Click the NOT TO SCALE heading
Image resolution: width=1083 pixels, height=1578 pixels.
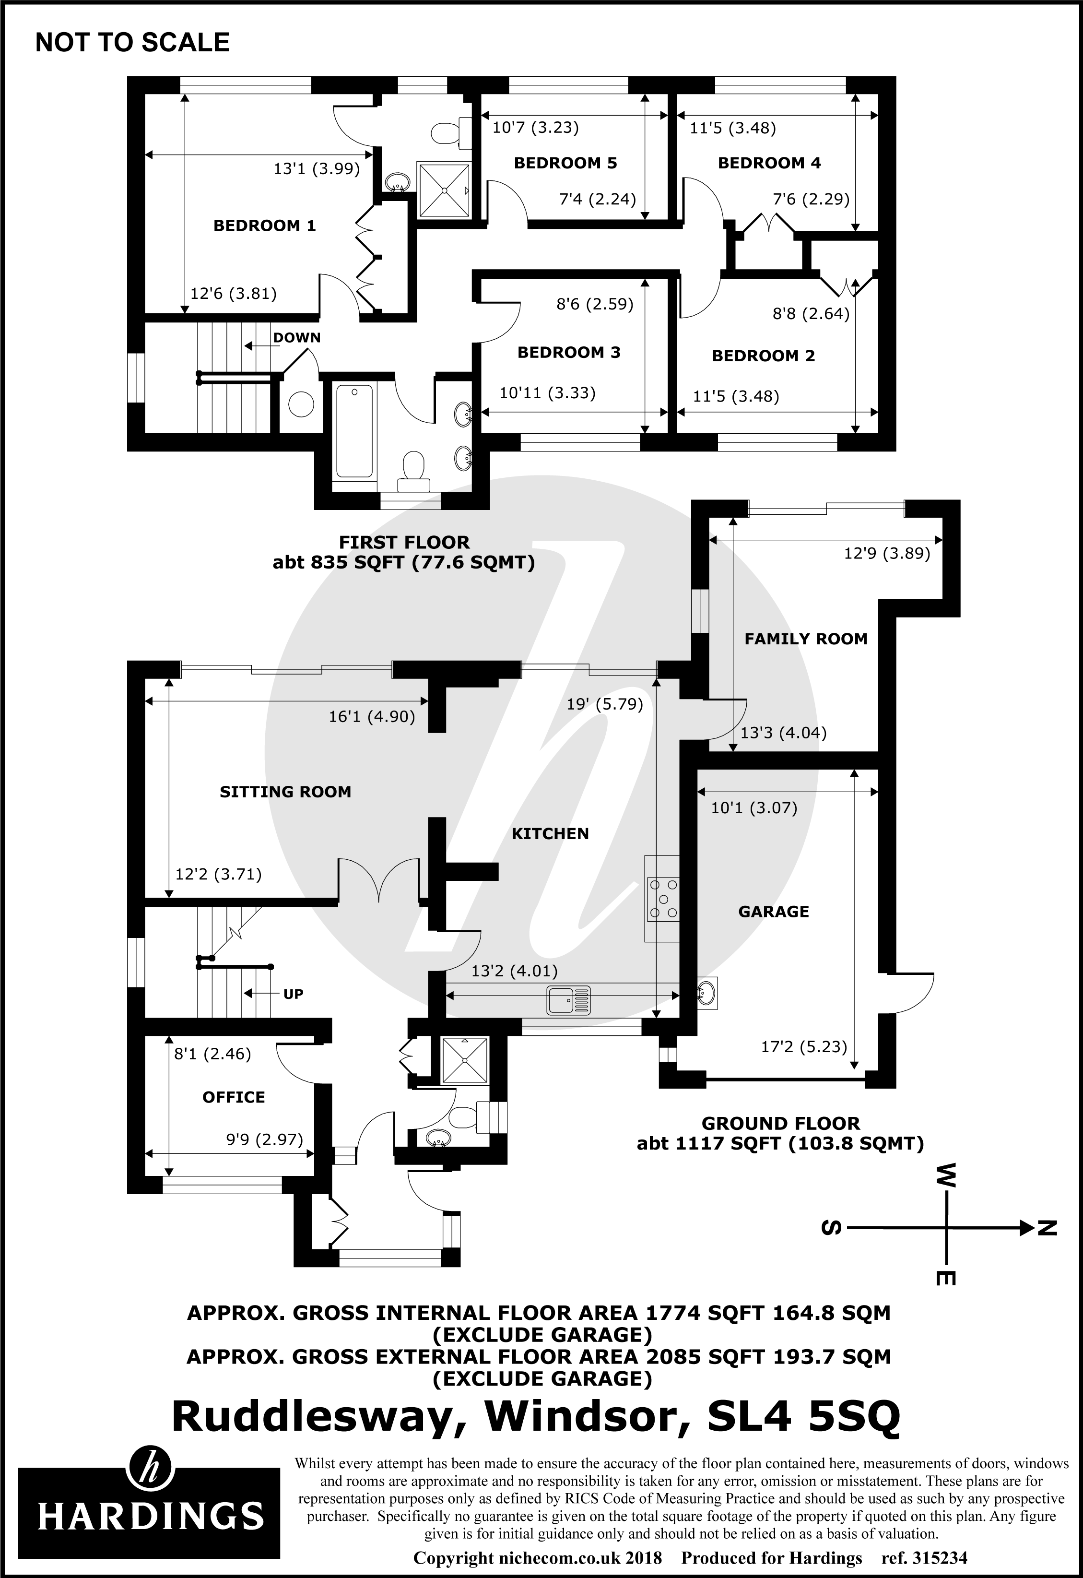tap(132, 43)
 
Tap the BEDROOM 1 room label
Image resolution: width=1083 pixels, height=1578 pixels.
tap(264, 225)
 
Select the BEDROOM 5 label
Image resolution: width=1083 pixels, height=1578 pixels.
tap(565, 163)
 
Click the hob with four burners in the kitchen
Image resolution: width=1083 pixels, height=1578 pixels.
tap(662, 898)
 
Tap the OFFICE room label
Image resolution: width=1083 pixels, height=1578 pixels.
tap(234, 1097)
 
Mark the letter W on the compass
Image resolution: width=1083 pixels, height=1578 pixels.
tap(946, 1174)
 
